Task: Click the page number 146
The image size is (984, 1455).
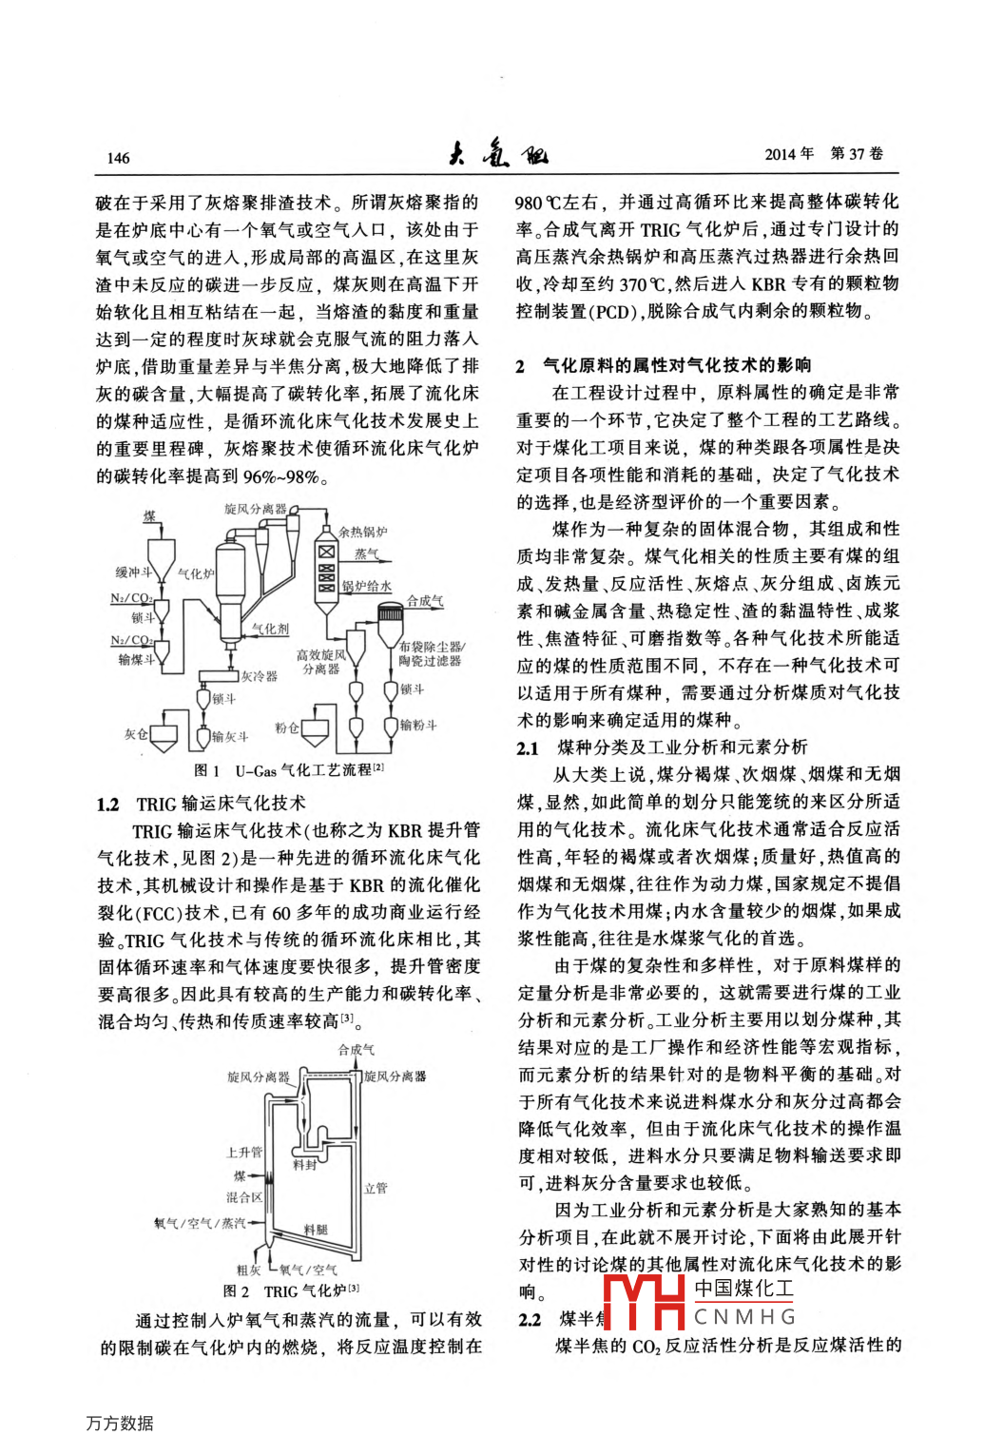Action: pyautogui.click(x=119, y=158)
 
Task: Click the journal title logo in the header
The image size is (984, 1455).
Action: pyautogui.click(x=497, y=153)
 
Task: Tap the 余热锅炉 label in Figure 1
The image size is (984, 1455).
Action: pyautogui.click(x=362, y=532)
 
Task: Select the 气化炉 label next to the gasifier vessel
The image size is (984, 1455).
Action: pyautogui.click(x=196, y=573)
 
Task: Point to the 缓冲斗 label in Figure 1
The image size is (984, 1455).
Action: pyautogui.click(x=133, y=572)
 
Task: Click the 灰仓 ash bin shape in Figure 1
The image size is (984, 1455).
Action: pyautogui.click(x=164, y=737)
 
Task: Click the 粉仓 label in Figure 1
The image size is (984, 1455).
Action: pyautogui.click(x=286, y=727)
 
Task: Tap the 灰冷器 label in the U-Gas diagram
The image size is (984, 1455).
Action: pyautogui.click(x=259, y=676)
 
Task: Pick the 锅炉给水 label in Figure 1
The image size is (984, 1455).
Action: pyautogui.click(x=366, y=587)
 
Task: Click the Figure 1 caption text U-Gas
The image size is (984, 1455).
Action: pyautogui.click(x=256, y=770)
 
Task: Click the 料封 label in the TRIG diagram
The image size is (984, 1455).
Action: pyautogui.click(x=304, y=1165)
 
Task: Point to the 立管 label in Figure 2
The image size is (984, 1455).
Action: pyautogui.click(x=376, y=1188)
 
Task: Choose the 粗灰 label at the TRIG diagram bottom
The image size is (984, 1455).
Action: pyautogui.click(x=248, y=1270)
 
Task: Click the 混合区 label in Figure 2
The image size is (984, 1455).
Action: pyautogui.click(x=243, y=1197)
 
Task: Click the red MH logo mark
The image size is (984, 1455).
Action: pyautogui.click(x=644, y=1302)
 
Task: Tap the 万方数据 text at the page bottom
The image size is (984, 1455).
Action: pyautogui.click(x=120, y=1423)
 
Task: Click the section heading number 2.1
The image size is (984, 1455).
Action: pyautogui.click(x=528, y=748)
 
